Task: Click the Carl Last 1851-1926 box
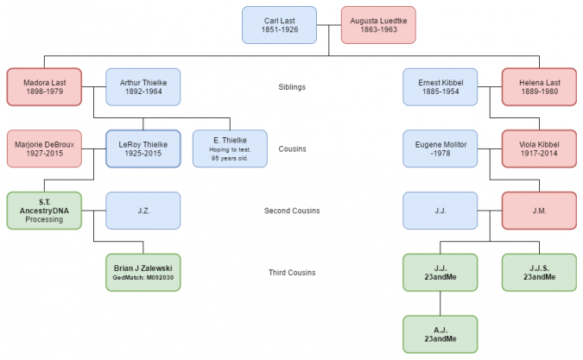coord(279,25)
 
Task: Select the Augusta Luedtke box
coord(378,25)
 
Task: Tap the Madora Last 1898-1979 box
coord(44,86)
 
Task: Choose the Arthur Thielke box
coord(143,86)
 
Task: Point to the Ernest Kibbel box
coord(440,86)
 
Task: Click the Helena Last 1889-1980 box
coord(539,86)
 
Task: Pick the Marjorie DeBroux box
coord(44,148)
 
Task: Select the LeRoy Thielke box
coord(143,148)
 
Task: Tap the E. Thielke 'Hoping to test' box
coord(230,148)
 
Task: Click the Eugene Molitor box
coord(440,148)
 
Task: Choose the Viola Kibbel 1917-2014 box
coord(539,148)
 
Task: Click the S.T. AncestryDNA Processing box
coord(44,210)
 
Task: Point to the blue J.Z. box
coord(143,210)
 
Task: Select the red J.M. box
coord(539,210)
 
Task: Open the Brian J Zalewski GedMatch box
coord(143,272)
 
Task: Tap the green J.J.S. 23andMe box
coord(539,272)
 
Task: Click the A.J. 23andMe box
coord(440,334)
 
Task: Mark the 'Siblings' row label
coord(292,86)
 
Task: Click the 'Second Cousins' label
coord(291,211)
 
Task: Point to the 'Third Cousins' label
coord(292,273)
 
